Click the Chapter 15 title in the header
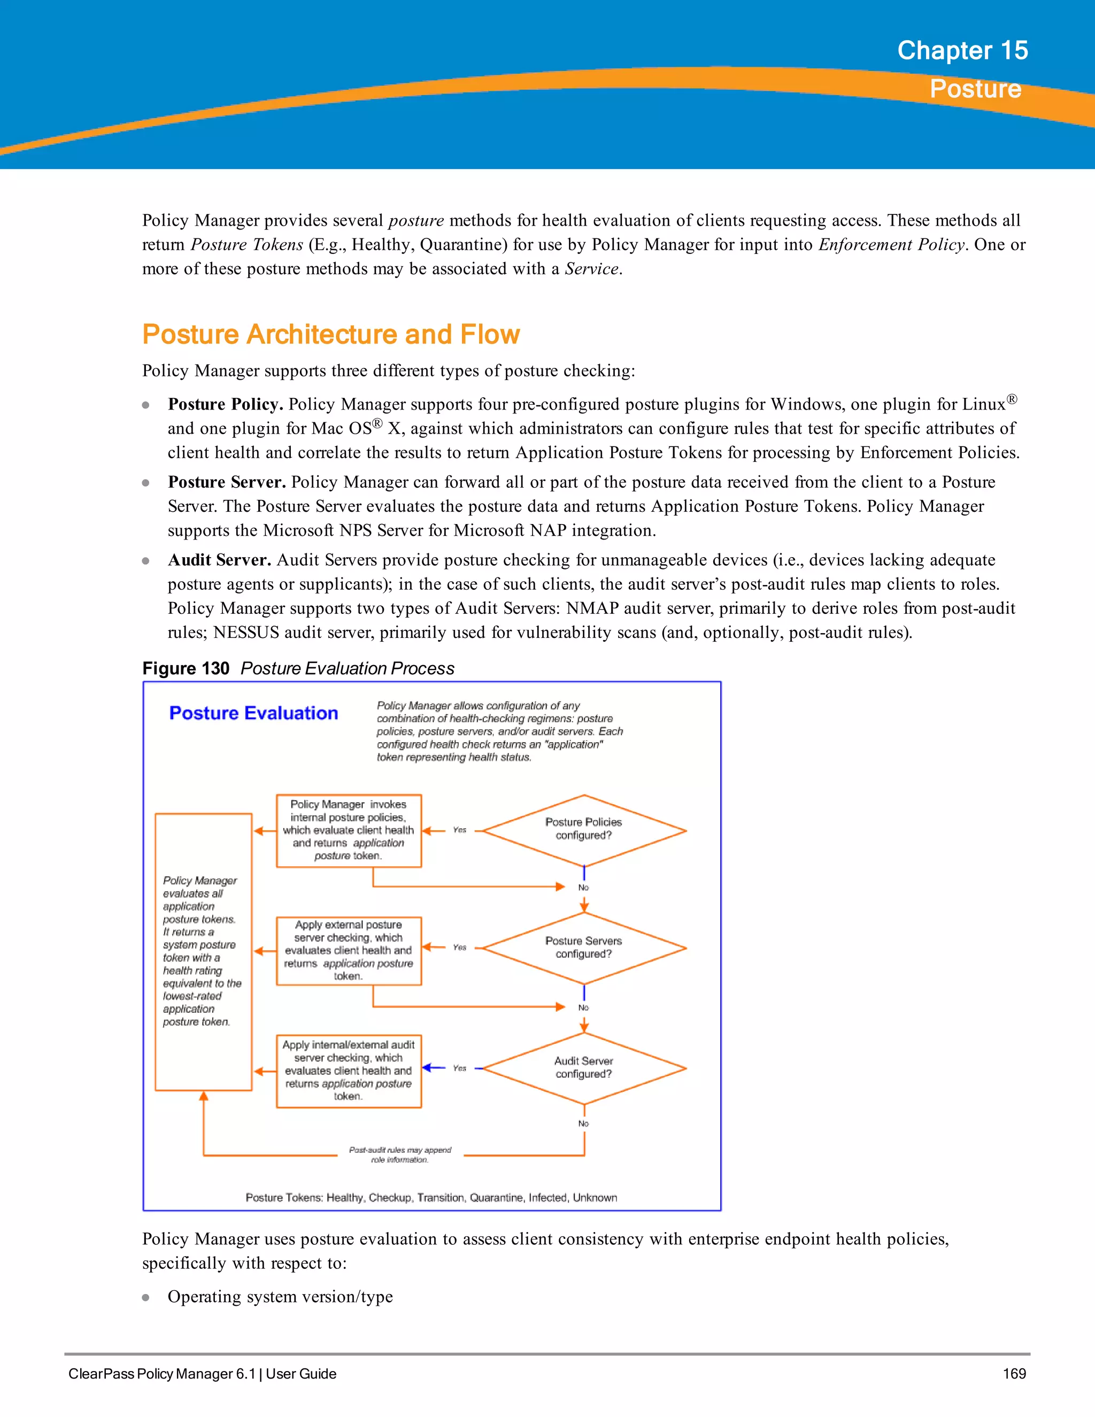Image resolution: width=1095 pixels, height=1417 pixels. [962, 51]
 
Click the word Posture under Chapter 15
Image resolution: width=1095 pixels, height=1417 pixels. [975, 89]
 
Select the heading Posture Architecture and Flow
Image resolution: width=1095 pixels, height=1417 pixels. [331, 335]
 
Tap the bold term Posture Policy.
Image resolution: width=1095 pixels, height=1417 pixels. [225, 404]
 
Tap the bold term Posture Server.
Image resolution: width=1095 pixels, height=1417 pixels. [226, 482]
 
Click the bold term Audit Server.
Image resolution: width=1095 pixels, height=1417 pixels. [219, 560]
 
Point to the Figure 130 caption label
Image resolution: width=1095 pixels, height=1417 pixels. [186, 668]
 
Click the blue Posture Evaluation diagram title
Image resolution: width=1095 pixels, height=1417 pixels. [253, 713]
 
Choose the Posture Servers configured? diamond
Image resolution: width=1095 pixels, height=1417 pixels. [584, 948]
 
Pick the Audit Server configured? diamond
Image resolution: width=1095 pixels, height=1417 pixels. [584, 1067]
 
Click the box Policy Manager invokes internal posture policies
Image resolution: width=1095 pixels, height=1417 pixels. [349, 830]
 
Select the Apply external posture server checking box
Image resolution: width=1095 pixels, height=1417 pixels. [349, 951]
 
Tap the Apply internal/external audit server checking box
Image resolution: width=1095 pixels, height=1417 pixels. [349, 1071]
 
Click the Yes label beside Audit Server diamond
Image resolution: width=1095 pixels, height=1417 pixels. [459, 1068]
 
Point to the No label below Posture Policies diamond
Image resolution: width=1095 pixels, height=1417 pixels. [583, 888]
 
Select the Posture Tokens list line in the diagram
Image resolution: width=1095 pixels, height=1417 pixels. [431, 1198]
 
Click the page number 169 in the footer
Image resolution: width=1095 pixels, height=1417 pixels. [1014, 1374]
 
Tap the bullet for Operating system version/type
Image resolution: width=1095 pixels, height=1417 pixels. [146, 1298]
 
